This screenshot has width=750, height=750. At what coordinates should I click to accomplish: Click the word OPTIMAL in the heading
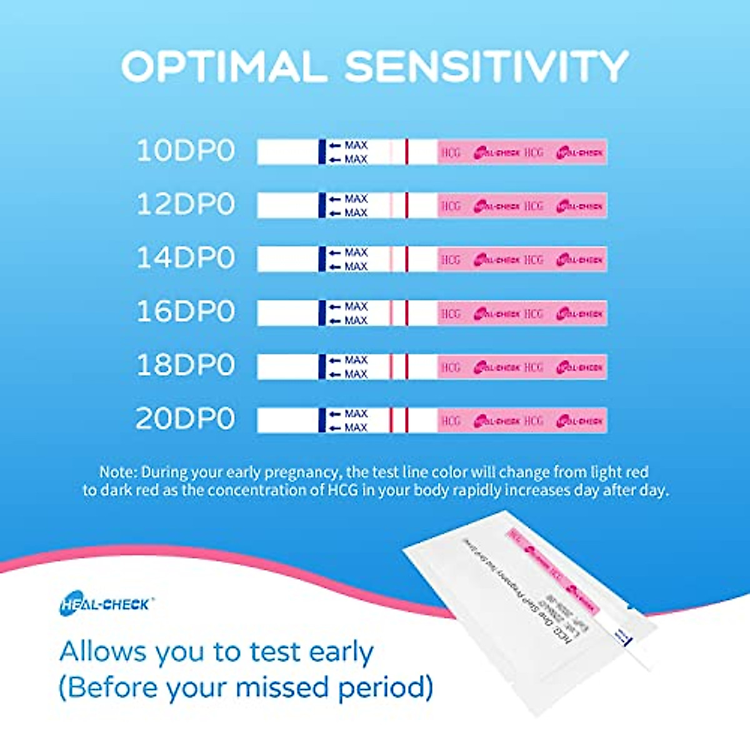point(224,66)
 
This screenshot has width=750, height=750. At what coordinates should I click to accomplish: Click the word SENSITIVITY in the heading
point(486,66)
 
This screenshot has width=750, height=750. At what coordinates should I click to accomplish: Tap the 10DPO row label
point(186,151)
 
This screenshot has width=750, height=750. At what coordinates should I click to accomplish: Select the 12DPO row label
point(186,205)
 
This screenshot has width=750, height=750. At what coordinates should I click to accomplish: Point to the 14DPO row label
point(186,258)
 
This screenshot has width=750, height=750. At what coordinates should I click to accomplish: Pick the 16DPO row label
point(186,312)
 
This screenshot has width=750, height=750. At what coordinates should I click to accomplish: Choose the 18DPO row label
point(186,366)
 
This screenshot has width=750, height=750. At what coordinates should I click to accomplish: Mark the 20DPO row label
point(186,419)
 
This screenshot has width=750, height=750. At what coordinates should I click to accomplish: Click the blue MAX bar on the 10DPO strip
point(322,152)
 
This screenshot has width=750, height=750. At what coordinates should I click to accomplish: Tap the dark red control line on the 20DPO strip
point(406,420)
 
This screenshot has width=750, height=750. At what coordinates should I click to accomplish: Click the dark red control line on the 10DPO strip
point(406,152)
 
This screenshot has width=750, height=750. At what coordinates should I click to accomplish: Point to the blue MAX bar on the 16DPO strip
point(322,313)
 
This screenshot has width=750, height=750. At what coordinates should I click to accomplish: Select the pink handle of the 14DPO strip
point(522,259)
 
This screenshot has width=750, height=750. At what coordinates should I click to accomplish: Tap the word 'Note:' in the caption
point(118,472)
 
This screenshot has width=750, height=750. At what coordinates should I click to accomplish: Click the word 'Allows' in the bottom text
point(103,652)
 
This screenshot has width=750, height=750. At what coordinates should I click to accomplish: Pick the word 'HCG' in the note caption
point(343,490)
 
